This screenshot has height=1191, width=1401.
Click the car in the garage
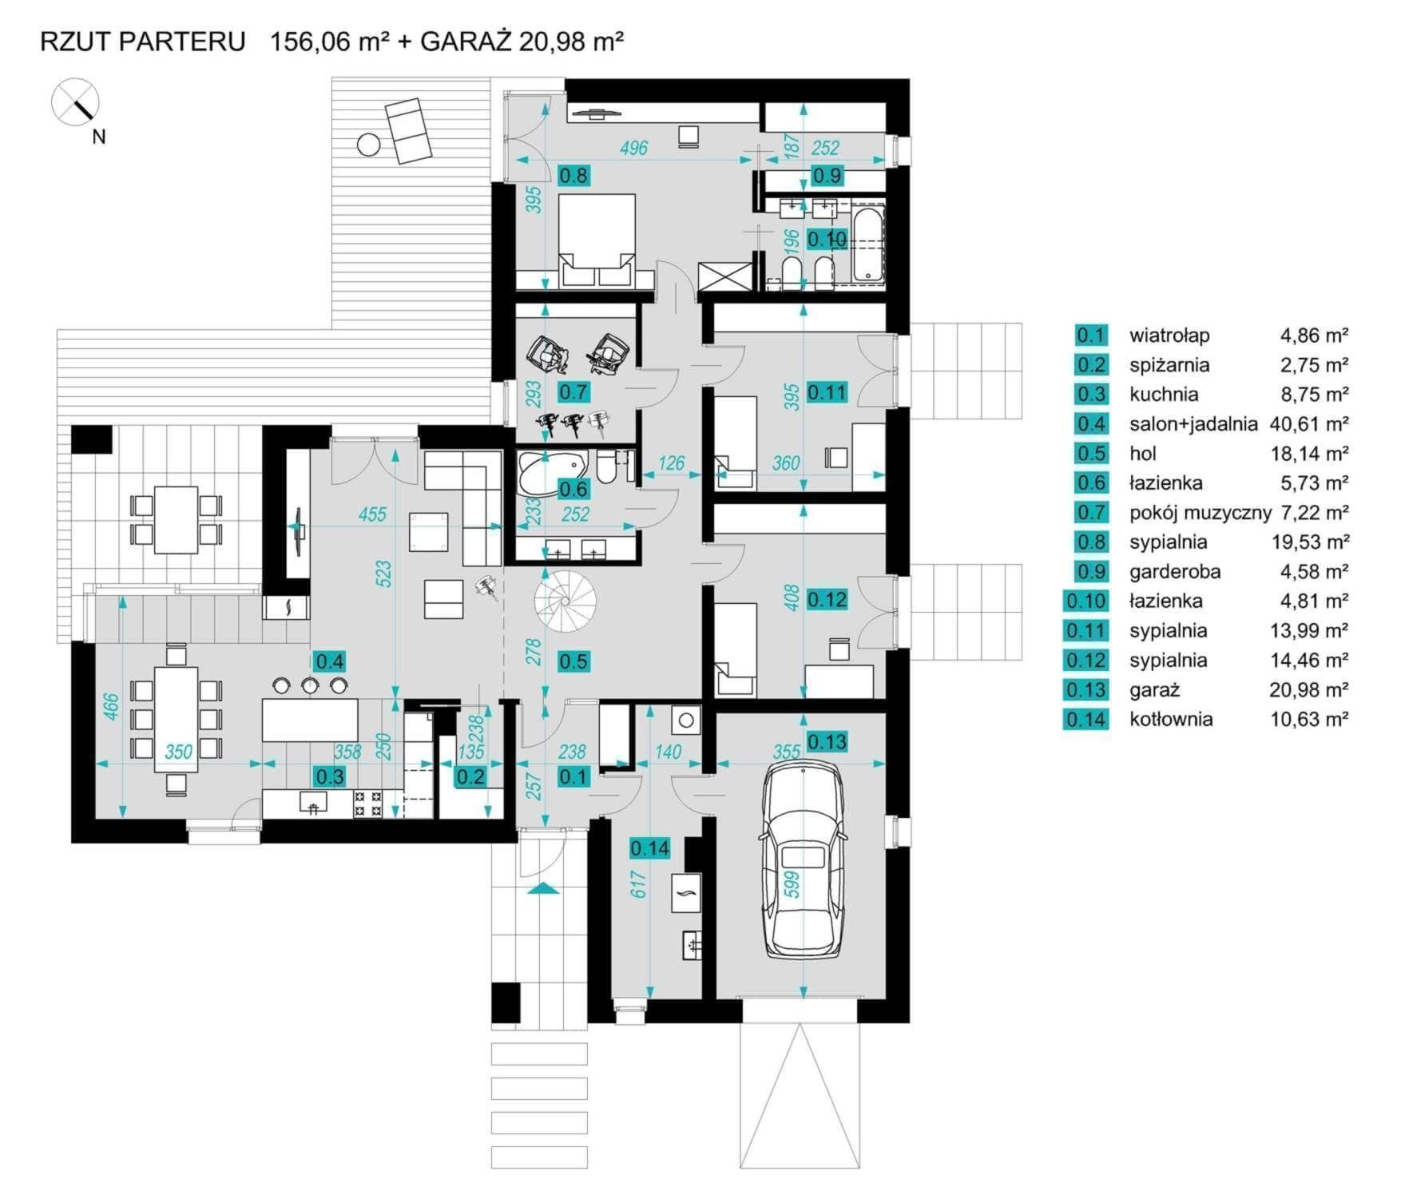(x=803, y=860)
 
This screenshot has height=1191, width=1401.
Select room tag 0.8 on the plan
(x=573, y=176)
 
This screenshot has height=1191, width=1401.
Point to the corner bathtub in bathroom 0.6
(x=550, y=474)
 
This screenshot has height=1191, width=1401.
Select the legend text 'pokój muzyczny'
(x=1199, y=513)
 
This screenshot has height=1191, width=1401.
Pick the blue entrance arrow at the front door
(x=542, y=888)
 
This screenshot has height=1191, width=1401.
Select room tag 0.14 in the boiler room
(x=649, y=848)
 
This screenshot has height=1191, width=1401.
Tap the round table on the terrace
(x=368, y=145)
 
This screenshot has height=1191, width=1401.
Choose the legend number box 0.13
(x=1085, y=690)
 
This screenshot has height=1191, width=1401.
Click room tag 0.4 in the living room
(x=330, y=661)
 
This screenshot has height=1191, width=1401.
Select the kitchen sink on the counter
(x=312, y=803)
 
